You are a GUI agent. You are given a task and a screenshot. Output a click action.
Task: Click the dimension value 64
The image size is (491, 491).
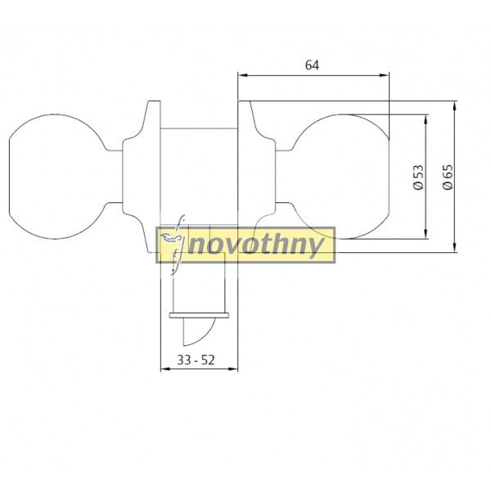[312, 65]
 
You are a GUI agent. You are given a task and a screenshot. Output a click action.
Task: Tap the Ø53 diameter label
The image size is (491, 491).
[418, 177]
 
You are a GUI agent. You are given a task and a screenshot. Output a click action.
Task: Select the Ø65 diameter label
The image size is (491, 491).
[448, 177]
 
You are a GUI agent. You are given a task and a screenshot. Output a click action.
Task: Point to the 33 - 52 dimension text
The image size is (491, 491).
[196, 360]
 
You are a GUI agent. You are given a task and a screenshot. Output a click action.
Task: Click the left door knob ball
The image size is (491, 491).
[57, 177]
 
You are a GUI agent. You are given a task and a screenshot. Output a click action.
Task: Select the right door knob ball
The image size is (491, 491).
[341, 177]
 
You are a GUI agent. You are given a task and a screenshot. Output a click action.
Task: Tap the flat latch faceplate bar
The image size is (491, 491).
[199, 315]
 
